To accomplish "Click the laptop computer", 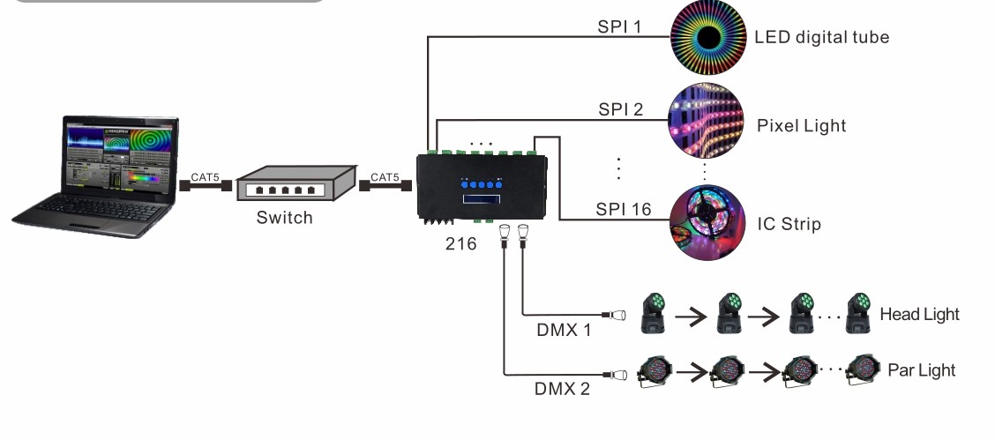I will point(96,176).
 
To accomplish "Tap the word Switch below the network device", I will point(284,217).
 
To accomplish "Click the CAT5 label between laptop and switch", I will point(206,177).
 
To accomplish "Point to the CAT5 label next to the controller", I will point(385,177).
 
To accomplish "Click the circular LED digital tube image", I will point(708,37).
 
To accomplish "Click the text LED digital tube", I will point(821,37).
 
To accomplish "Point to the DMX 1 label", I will point(564,330).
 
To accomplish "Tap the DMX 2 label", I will point(562,388).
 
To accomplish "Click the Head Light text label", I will point(919,314).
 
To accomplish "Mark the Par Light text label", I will point(921,369).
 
